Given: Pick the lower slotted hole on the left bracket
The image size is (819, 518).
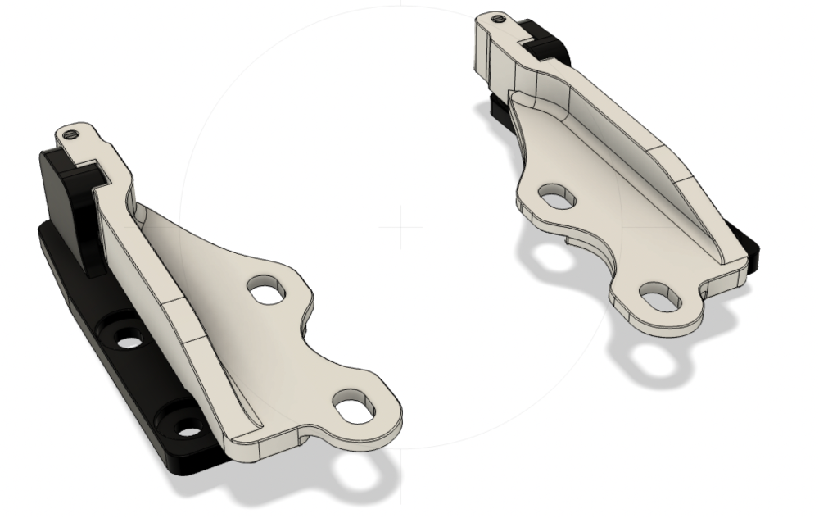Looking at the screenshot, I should [355, 407].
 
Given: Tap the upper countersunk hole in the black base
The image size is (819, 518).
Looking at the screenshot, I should [128, 339].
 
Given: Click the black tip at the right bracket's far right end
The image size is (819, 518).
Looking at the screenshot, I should [753, 246].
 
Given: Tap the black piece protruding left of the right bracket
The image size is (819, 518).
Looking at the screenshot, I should [497, 107].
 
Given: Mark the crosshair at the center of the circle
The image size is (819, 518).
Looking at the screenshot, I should [400, 227].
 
